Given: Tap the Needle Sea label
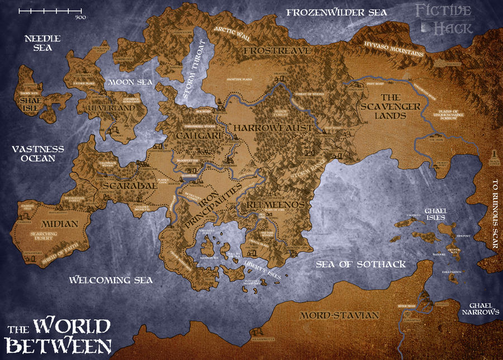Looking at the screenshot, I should (x=38, y=43).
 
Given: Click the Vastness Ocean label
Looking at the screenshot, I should (x=37, y=154).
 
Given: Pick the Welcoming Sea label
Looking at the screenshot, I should (x=111, y=280).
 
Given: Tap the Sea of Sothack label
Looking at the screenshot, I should (x=360, y=264).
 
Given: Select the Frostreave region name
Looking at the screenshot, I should (x=268, y=51).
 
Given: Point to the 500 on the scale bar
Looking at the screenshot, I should (x=80, y=17).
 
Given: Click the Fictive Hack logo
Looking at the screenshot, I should (x=445, y=19).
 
